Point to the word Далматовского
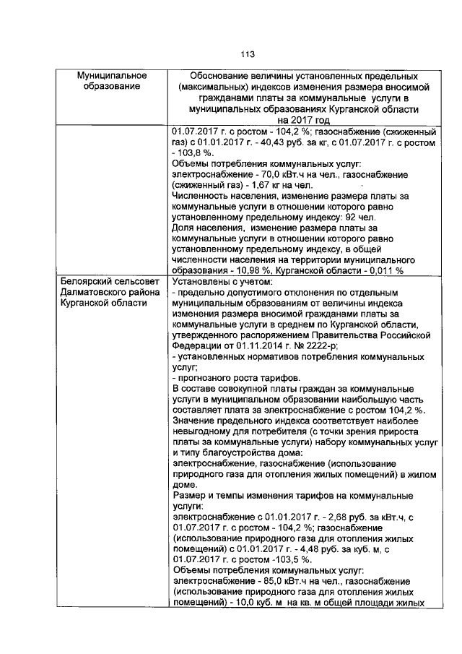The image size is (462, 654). (94, 292)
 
